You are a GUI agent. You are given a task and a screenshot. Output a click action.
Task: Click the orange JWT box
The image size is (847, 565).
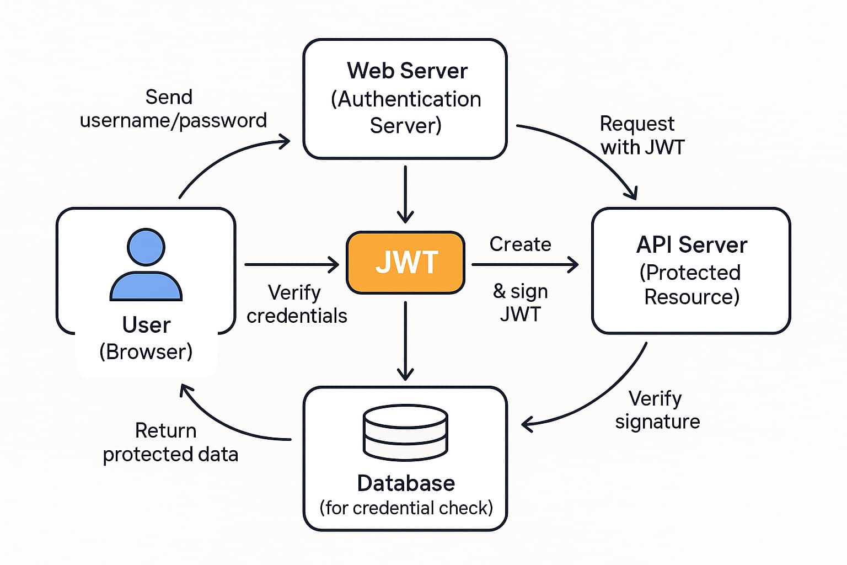coord(406,262)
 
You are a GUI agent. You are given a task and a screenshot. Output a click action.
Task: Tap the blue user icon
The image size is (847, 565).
coord(146,265)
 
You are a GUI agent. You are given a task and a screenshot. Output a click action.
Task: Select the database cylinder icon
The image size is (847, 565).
coord(405,433)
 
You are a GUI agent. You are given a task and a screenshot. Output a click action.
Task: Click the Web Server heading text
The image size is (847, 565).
coord(407,71)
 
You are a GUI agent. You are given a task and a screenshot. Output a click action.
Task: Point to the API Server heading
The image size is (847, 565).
coord(691,245)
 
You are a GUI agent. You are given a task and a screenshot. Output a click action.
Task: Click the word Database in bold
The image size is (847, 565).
coord(406,483)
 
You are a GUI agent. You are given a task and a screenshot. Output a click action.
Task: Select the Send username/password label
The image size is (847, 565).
coord(173,109)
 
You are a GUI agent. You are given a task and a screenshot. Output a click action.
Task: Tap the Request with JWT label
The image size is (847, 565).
coord(641,135)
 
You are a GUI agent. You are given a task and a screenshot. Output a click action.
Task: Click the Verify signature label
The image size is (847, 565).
coord(657,410)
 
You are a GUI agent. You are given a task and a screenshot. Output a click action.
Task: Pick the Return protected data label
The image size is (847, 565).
coord(170,443)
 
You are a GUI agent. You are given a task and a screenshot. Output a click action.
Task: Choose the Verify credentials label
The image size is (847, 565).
coord(297,304)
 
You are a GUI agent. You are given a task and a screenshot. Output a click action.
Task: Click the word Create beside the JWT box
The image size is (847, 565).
coord(520,244)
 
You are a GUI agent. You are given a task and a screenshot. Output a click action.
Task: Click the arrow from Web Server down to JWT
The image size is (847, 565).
coord(405,193)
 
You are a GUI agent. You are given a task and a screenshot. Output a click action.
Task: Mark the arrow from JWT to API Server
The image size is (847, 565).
coord(524,265)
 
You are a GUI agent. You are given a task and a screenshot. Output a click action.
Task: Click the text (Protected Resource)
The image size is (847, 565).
coord(691,285)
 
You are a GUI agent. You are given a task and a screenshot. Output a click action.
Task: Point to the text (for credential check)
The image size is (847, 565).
coord(406,508)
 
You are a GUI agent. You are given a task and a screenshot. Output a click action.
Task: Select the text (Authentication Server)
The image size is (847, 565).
coord(406,113)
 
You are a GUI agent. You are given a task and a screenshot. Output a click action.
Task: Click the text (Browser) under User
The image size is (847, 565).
coord(146,351)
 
